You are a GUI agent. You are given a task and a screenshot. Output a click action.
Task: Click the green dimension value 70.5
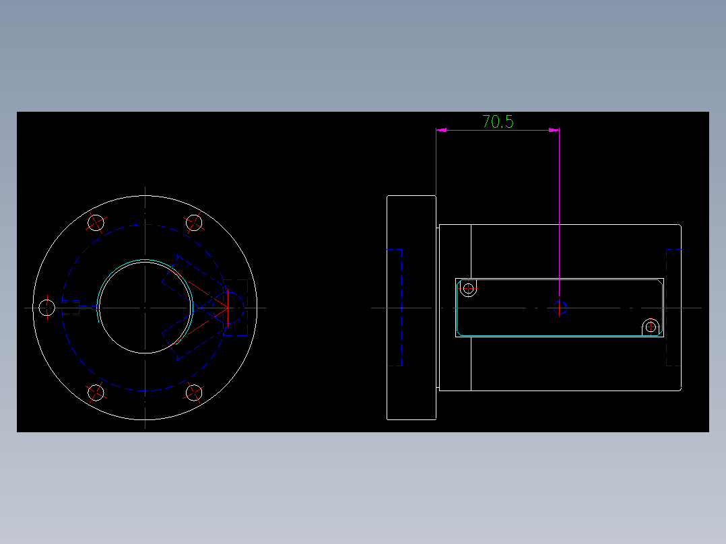coord(498,122)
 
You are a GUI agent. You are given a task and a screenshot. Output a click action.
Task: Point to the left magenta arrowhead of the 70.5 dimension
coord(441,129)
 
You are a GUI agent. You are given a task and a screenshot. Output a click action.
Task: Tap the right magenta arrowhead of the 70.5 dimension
coord(554,129)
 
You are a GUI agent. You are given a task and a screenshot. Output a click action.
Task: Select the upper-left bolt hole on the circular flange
coord(97,222)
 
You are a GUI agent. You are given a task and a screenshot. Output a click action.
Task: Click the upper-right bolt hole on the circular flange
coord(194,222)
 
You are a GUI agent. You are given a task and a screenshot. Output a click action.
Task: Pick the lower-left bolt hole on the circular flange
coord(97,393)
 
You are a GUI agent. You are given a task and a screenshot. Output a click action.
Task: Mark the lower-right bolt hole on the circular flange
coord(194,393)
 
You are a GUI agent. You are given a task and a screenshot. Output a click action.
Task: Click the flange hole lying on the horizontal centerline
coord(46,308)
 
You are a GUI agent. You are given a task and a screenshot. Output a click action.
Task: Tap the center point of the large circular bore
coord(145,308)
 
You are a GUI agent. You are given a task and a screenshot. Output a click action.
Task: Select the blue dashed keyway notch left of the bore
coord(71,307)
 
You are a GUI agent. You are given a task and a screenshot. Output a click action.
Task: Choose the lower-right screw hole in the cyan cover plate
coord(651,327)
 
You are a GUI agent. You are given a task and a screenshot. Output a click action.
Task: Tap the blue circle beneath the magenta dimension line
coord(559,308)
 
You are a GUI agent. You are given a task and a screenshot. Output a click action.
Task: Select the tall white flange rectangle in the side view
coord(411,307)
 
